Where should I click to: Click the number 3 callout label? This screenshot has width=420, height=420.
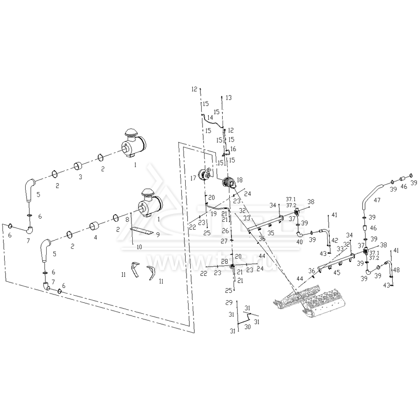point(80,177)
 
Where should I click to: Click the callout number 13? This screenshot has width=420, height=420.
point(228,97)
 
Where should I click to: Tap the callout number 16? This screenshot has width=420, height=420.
point(234,149)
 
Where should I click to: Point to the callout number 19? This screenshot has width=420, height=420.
point(214,213)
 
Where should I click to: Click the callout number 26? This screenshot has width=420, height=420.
point(225,231)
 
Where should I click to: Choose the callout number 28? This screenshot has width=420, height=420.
point(224,262)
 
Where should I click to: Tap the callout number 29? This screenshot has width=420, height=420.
point(228,303)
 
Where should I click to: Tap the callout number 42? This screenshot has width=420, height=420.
point(335,240)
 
